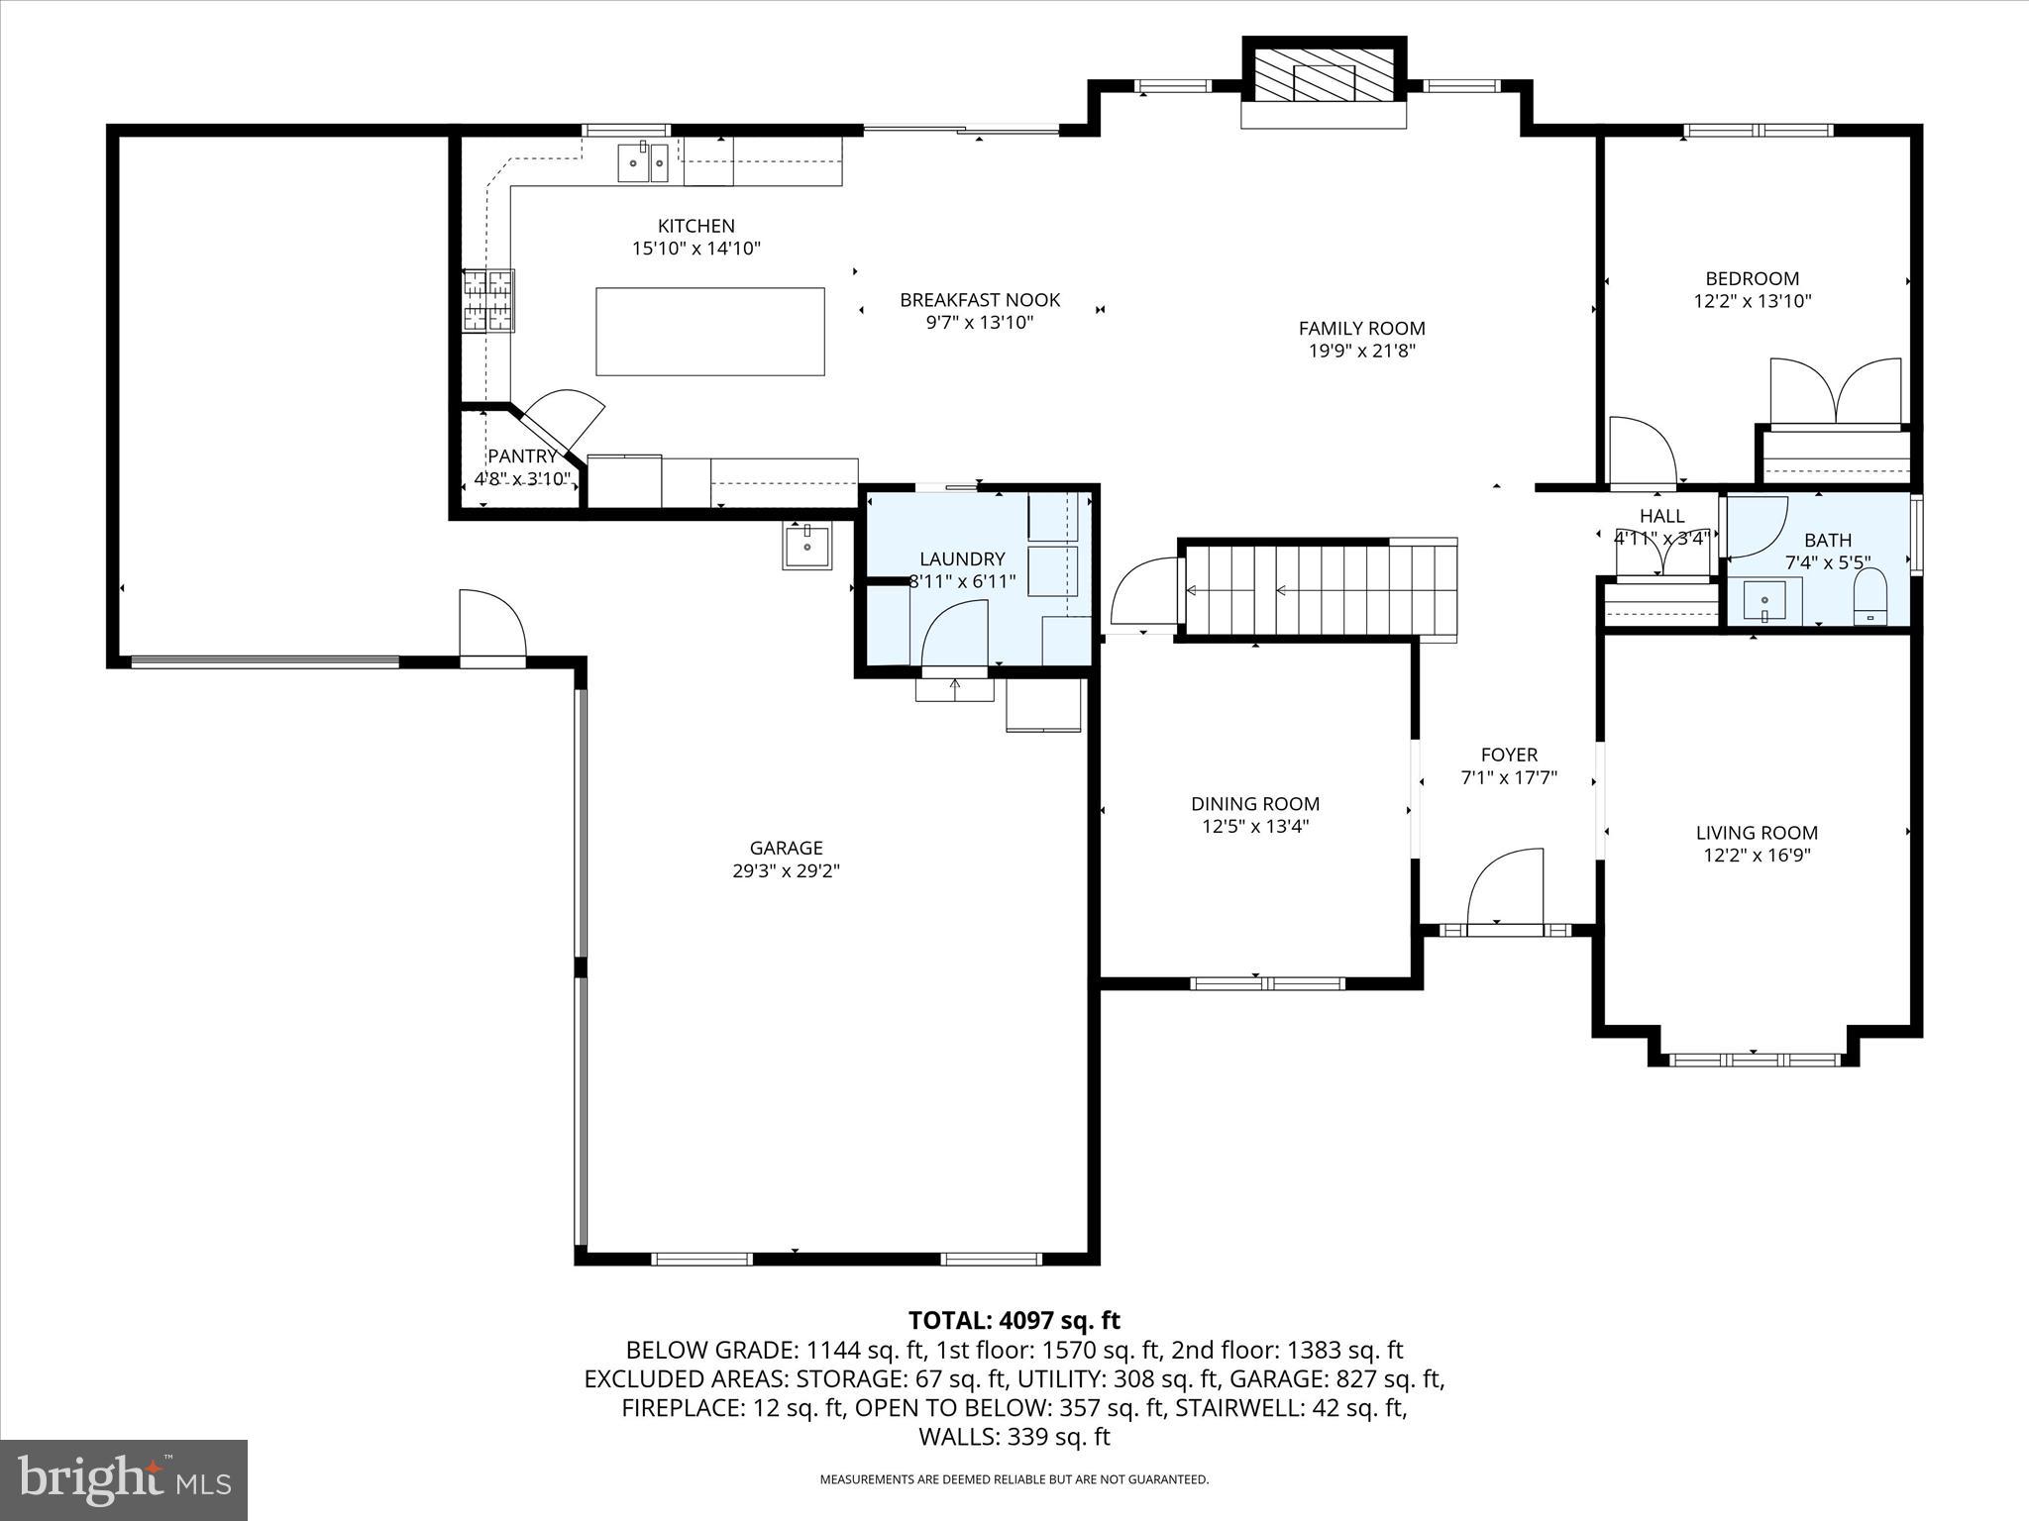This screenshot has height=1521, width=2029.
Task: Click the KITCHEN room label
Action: [695, 226]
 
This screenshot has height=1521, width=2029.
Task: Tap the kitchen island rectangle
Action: [709, 332]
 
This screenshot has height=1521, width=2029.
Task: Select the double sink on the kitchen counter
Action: [643, 163]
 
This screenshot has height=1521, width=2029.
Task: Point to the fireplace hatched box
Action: [1324, 74]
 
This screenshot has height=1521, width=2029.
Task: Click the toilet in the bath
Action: [1869, 597]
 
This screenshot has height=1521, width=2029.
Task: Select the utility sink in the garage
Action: [807, 546]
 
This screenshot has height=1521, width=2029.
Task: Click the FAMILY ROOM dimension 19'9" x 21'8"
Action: [1361, 351]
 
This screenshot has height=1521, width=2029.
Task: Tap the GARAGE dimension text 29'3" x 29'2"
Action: [786, 871]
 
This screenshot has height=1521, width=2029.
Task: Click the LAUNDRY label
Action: [961, 558]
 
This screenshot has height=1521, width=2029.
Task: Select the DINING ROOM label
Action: [1254, 804]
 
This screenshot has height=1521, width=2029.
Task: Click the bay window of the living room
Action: [1754, 1060]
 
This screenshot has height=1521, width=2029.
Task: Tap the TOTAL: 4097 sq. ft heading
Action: [1014, 1320]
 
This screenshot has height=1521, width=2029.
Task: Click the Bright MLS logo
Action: [124, 1479]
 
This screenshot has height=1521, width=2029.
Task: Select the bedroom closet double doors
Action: [1836, 391]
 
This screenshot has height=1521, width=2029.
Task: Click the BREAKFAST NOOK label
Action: [979, 299]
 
